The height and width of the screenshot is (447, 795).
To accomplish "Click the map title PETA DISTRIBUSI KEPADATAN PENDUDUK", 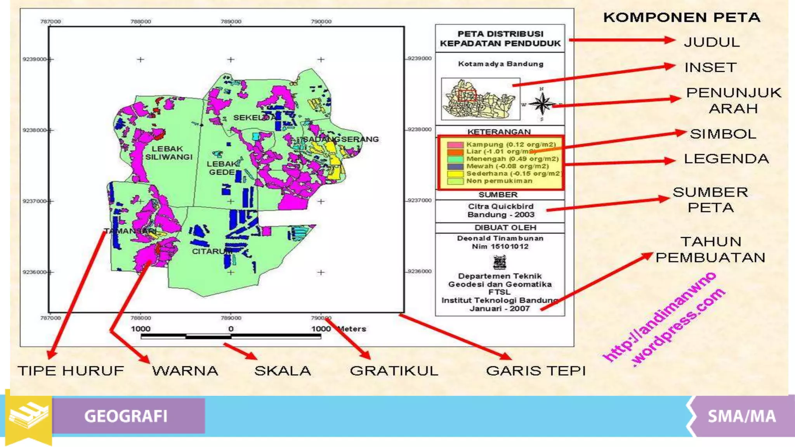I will tap(500, 38).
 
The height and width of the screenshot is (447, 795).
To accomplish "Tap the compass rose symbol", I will tap(542, 104).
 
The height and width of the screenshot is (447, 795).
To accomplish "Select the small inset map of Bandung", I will tap(481, 99).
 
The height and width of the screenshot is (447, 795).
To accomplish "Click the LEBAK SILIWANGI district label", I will tap(168, 152).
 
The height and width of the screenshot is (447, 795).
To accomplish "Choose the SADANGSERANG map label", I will tap(340, 139).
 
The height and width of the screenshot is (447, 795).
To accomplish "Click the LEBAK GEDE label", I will tap(222, 168).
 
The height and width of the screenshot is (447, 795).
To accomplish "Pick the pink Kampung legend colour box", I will tap(455, 145).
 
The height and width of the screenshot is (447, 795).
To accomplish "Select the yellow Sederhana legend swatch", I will tap(455, 174).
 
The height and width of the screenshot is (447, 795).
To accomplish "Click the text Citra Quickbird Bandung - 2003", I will tap(500, 210).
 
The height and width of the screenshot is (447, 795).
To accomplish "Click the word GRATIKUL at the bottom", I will tap(394, 371).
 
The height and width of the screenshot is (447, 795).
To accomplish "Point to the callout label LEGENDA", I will tap(726, 159).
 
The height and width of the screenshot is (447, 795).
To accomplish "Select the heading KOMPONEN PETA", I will tap(682, 17).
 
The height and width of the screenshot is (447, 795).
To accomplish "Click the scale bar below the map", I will tap(231, 336).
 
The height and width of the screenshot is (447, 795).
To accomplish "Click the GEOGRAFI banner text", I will tap(126, 416).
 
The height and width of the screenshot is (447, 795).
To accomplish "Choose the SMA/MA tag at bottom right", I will tap(741, 416).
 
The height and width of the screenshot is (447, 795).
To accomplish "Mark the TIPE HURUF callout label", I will tap(71, 371).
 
